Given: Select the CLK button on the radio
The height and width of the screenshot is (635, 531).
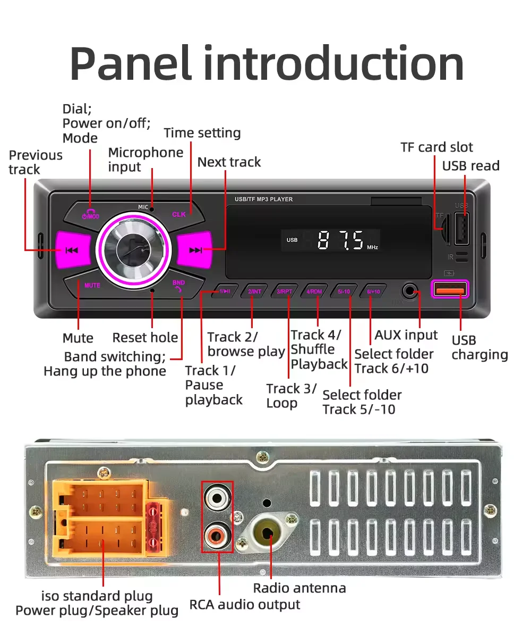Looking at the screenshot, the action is tap(179, 214).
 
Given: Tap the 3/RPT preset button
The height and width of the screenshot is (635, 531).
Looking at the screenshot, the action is tap(285, 291).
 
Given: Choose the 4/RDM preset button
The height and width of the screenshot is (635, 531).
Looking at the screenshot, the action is tap(315, 291).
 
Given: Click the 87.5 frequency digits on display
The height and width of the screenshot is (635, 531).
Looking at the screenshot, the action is tap(340, 240).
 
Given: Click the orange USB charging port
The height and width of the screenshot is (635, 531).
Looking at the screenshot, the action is tap(451, 289).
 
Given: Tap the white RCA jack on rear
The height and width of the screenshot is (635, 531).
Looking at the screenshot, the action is tap(217, 498).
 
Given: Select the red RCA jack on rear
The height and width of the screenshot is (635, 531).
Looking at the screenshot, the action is tap(217, 532).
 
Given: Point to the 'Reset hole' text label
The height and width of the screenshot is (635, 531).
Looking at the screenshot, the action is tap(145, 338).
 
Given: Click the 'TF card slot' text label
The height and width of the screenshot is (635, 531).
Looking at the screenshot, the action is tap(436, 147).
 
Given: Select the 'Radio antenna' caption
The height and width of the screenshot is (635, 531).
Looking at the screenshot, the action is tap(299, 588).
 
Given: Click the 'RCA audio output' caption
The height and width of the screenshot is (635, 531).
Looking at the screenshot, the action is tap(245, 605).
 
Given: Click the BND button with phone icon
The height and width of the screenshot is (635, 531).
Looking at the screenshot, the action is tap(178, 286).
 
